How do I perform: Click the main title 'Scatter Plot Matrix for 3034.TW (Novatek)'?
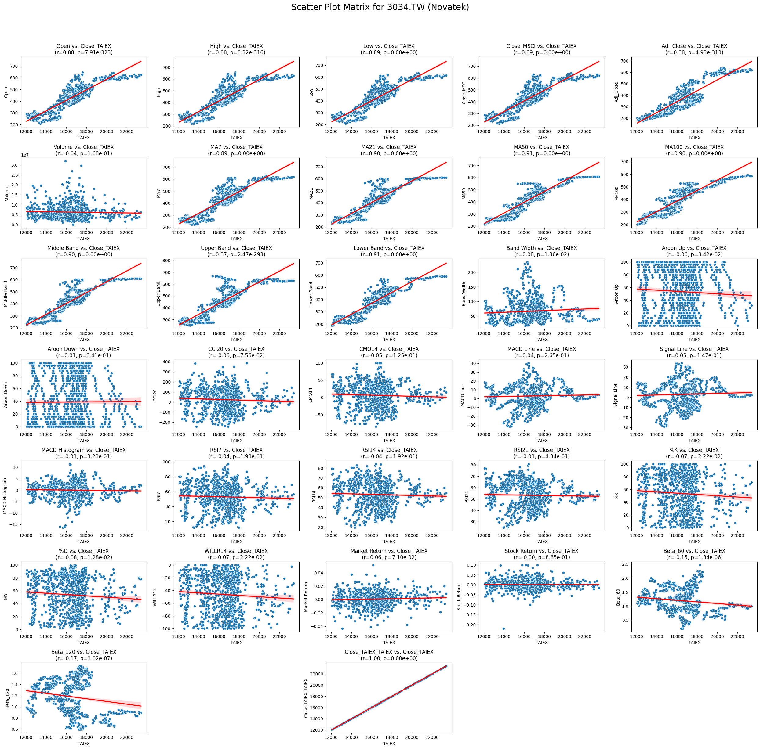pyautogui.click(x=380, y=7)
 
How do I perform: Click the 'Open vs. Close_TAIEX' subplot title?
pyautogui.click(x=84, y=46)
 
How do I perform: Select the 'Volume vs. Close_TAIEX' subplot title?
pyautogui.click(x=84, y=147)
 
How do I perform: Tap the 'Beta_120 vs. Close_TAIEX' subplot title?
pyautogui.click(x=84, y=652)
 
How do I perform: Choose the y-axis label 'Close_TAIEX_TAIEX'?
pyautogui.click(x=306, y=698)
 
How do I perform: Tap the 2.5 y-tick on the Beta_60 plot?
pyautogui.click(x=624, y=564)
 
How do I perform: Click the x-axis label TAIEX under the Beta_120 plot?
pyautogui.click(x=84, y=744)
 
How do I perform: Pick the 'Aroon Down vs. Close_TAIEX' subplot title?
pyautogui.click(x=84, y=349)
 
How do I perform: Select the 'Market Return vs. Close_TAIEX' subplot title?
pyautogui.click(x=389, y=551)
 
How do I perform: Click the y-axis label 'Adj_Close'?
pyautogui.click(x=617, y=92)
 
